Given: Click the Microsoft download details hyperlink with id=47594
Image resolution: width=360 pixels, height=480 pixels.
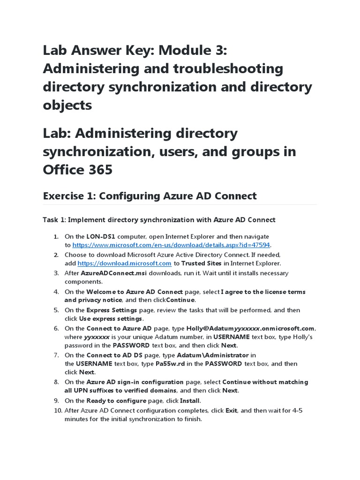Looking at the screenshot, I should pos(171,245).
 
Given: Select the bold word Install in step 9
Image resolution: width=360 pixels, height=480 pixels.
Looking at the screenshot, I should pos(189,400).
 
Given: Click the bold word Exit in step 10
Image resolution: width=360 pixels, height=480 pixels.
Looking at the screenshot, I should pos(231,410).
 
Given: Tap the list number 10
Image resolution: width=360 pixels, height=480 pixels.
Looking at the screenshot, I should pos(58,410).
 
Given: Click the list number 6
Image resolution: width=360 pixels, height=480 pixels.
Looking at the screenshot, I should pos(56,328).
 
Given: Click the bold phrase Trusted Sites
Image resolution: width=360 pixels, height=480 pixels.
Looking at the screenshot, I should pos(202,263).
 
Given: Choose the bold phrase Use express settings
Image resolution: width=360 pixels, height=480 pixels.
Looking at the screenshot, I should pos(103,319).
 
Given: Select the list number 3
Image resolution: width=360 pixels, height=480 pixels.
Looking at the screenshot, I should pos(56,273).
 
